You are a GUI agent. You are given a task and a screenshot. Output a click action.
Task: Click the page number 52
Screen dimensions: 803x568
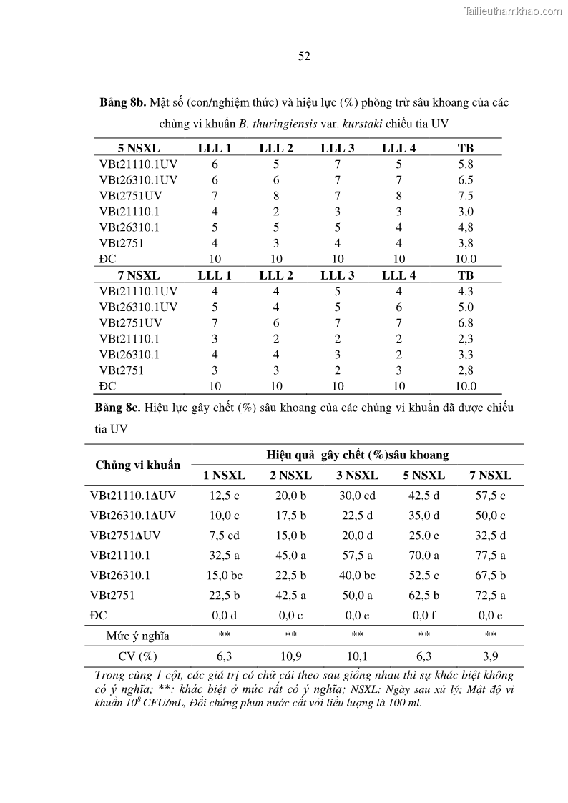(x=303, y=57)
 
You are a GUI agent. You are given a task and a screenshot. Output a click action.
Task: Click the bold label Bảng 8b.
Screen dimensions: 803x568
(x=122, y=102)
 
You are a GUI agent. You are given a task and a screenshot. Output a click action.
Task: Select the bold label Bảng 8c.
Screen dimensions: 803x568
(x=117, y=408)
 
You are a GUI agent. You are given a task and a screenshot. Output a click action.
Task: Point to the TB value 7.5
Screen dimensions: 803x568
(x=466, y=196)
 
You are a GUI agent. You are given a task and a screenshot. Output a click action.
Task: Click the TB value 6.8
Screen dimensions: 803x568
(x=466, y=322)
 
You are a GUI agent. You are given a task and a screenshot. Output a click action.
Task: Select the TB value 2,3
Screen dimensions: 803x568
(x=466, y=338)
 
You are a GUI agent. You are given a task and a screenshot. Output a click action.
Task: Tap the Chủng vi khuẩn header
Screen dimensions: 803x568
(x=138, y=465)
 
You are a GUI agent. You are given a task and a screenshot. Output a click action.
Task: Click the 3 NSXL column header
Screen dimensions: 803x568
(x=357, y=476)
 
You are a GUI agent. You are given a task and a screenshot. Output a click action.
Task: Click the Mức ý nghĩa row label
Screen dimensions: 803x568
(x=138, y=636)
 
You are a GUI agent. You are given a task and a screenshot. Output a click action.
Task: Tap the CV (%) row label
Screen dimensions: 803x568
(x=138, y=656)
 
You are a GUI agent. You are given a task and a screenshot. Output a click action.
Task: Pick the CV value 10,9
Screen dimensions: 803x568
(x=290, y=656)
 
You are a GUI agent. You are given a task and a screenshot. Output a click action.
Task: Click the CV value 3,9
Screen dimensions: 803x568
(x=490, y=656)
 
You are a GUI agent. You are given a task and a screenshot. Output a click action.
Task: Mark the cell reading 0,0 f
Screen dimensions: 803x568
(x=423, y=615)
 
